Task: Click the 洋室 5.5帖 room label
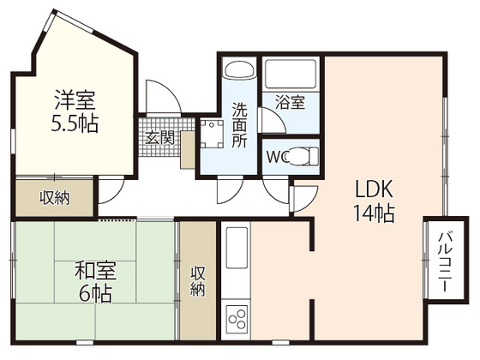[75, 111]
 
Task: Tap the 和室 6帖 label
[95, 283]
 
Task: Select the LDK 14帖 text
[374, 201]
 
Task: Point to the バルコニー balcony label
[446, 262]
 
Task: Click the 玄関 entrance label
[159, 138]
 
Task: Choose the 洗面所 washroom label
[240, 124]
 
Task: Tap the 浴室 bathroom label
[291, 102]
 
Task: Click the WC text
[277, 157]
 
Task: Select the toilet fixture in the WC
[303, 156]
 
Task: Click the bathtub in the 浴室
[291, 75]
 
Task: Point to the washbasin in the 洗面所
[240, 69]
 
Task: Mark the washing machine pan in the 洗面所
[212, 134]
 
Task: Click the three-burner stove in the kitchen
[237, 318]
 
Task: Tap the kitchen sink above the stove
[237, 248]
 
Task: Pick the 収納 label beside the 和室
[198, 281]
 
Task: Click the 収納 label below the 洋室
[55, 198]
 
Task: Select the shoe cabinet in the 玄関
[188, 150]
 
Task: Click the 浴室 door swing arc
[272, 120]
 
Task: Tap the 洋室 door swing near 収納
[111, 190]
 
